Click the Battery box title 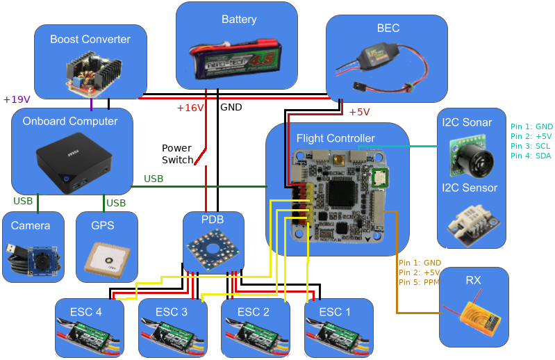(x=238, y=19)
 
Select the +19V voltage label (x=17, y=99)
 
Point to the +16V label (x=190, y=108)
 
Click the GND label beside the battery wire (x=231, y=108)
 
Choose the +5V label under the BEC (x=359, y=112)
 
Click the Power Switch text (x=178, y=154)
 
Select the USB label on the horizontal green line (x=154, y=179)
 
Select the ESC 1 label (x=335, y=312)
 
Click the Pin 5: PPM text (x=420, y=282)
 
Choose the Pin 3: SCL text (x=531, y=146)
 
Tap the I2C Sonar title (x=467, y=122)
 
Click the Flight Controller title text (x=336, y=138)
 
